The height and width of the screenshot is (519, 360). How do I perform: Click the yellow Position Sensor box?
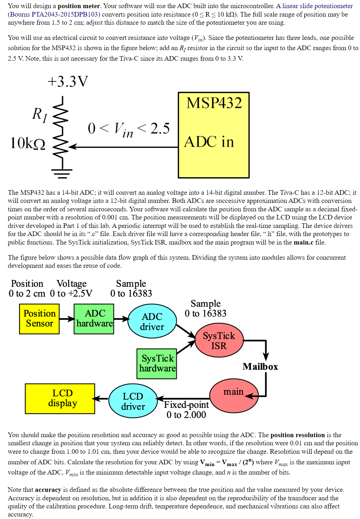point(39,319)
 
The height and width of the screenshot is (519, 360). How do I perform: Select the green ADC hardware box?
point(94,319)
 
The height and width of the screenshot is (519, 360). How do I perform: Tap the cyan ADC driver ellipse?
point(152,321)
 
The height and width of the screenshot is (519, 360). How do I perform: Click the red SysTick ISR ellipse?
point(219,340)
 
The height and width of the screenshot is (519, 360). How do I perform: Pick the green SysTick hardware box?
point(157,363)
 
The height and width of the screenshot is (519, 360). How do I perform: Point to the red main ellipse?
point(233,395)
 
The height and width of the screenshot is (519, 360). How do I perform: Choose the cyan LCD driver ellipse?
point(133,401)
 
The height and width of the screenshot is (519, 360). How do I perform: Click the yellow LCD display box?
point(60,398)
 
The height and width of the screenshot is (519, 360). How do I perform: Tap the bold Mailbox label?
point(260,367)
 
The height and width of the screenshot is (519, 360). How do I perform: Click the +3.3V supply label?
point(68,82)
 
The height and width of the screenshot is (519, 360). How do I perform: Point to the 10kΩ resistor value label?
point(28,144)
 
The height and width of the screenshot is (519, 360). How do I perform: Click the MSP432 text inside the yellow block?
point(214,103)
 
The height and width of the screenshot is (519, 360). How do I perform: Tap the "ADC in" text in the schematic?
point(209,142)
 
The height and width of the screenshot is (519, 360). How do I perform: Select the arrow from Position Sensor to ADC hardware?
point(66,319)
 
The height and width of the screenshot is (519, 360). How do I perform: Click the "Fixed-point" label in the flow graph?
point(186,405)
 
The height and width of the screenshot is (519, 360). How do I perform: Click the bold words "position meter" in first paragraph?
point(79,6)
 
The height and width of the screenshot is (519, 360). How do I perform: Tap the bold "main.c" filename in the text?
point(304,242)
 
